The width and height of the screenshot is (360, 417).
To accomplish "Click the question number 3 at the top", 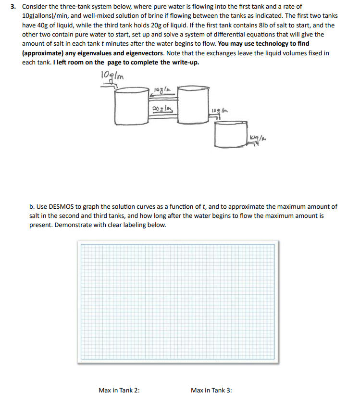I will (14, 6).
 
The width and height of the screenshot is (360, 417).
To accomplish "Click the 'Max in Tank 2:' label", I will (119, 391).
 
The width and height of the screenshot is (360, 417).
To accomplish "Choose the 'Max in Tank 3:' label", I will (211, 391).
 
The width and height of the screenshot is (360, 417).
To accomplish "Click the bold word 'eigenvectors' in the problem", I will (143, 53).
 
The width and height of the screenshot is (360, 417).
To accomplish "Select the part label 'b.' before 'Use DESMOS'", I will (32, 206).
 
